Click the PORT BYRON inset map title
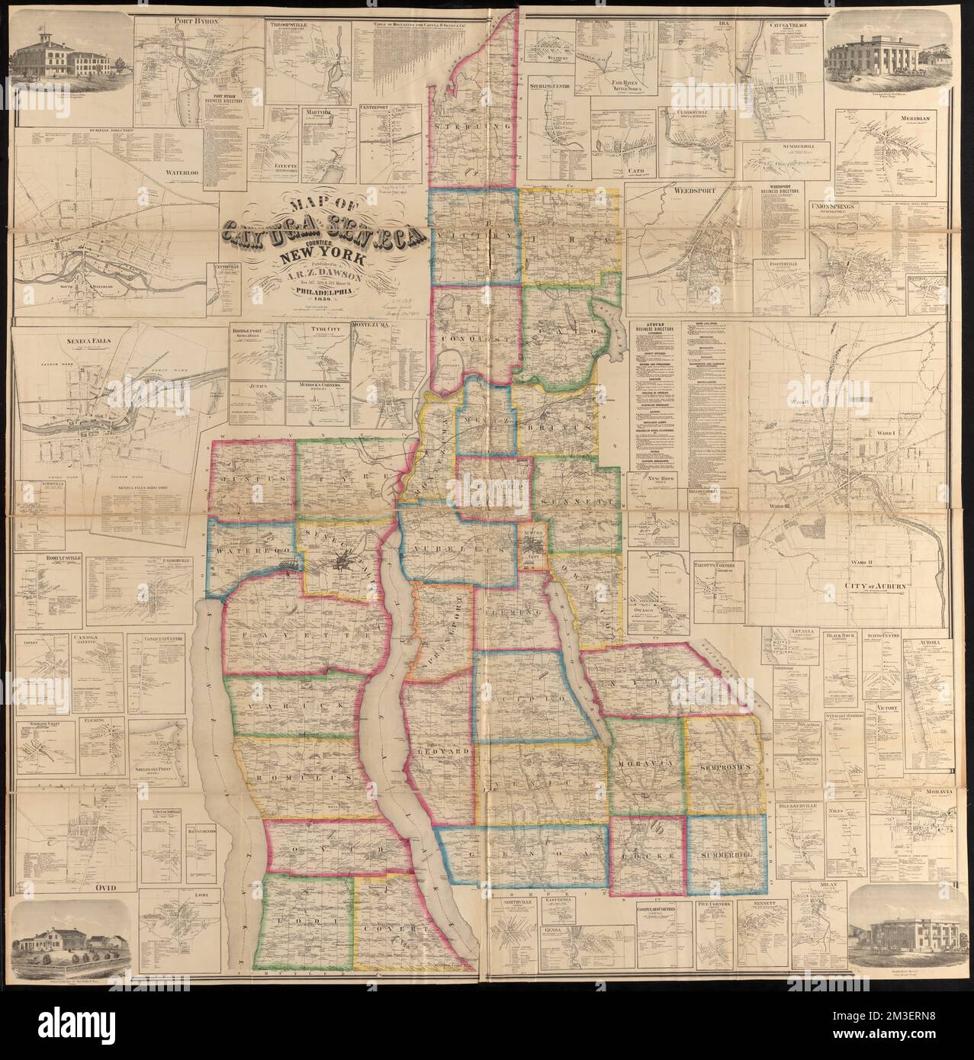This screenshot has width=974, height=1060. [174, 23]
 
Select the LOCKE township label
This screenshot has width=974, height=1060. [648, 857]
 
